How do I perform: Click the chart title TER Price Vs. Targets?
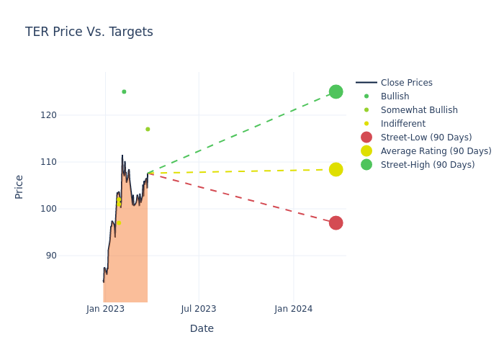pos(89,32)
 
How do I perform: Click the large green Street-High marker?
pos(336,91)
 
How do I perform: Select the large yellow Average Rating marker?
pos(336,169)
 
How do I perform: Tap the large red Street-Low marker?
pos(336,222)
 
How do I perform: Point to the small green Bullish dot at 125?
pos(124,91)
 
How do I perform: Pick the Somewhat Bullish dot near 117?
pos(148,129)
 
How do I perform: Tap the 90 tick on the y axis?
pos(71,256)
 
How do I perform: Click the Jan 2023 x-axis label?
pos(105,309)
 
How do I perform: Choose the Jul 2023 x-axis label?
pos(199,309)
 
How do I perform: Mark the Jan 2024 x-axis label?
pos(293,309)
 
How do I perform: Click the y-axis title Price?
pos(19,186)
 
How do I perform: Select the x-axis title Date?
pos(202,328)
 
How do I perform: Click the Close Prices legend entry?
pos(406,83)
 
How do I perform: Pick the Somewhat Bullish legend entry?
pos(419,110)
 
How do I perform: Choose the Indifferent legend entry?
pos(402,124)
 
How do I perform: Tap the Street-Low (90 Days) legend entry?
pos(426,138)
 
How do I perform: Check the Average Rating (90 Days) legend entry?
pos(436,151)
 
